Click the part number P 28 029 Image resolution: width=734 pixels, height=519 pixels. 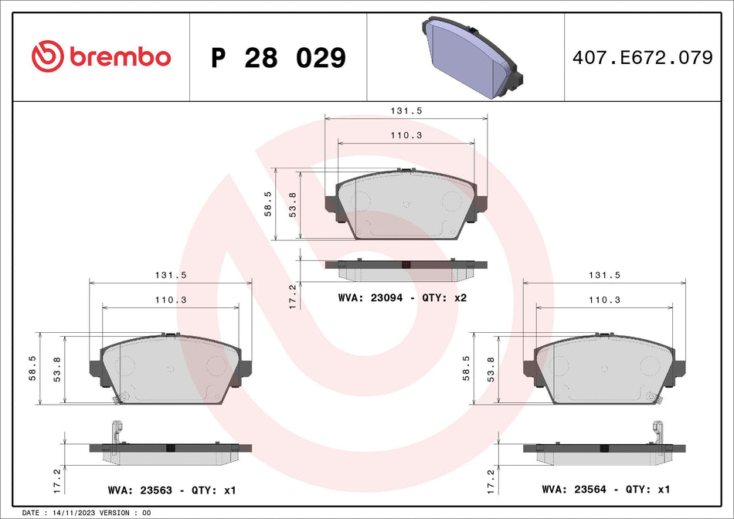(278, 57)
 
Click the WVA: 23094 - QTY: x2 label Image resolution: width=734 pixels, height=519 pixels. (403, 297)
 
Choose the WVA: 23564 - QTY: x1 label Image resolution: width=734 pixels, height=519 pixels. (605, 489)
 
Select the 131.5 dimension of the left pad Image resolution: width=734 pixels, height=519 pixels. (172, 274)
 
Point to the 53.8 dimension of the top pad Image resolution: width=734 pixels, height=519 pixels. (291, 207)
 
